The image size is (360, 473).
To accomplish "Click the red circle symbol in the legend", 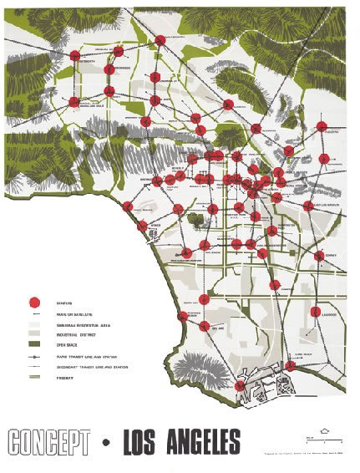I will [x=35, y=302].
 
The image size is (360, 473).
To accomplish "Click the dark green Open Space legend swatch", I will [x=35, y=343].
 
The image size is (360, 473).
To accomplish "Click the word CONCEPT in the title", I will [x=46, y=440].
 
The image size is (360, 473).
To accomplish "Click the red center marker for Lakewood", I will [x=316, y=312].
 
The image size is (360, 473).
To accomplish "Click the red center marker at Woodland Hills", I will [x=74, y=102].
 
